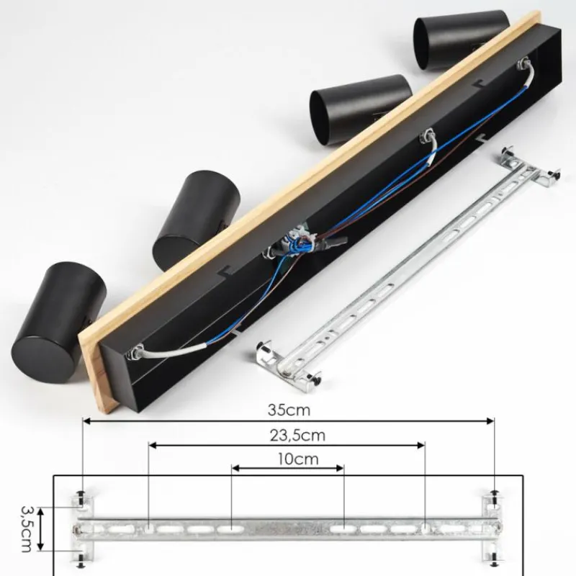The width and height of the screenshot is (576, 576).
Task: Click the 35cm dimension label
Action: pyautogui.click(x=289, y=410)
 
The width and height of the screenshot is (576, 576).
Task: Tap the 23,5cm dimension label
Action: pyautogui.click(x=297, y=436)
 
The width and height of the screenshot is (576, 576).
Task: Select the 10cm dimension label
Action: pyautogui.click(x=298, y=459)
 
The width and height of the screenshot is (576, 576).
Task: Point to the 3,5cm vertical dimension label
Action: pyautogui.click(x=27, y=528)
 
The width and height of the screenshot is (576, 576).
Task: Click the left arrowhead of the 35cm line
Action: pyautogui.click(x=86, y=421)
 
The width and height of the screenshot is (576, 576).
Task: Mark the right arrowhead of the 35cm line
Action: pyautogui.click(x=490, y=421)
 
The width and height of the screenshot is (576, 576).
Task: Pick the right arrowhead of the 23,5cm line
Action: pyautogui.click(x=421, y=446)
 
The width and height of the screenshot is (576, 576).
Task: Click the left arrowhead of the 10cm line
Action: pyautogui.click(x=236, y=468)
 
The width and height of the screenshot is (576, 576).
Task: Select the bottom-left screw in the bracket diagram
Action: pyautogui.click(x=81, y=561)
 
